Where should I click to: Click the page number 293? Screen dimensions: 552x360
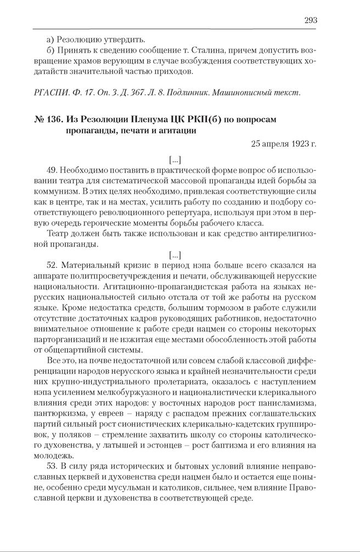coord(310,20)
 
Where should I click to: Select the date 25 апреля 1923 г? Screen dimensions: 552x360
coord(284,145)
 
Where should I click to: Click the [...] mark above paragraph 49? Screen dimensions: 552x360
coord(175,160)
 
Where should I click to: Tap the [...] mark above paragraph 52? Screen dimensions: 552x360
coord(175,255)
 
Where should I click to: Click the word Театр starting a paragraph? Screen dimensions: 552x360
coord(59,234)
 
